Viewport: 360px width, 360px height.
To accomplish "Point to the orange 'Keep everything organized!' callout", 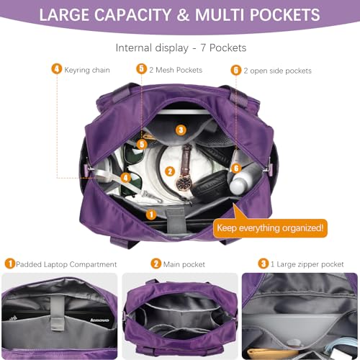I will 269,228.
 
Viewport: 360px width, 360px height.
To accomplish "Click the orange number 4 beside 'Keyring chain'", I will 56,69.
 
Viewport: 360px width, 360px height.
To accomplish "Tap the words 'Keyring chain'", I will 87,70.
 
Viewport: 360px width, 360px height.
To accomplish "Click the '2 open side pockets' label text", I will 277,71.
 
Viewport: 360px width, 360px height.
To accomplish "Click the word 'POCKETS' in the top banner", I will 284,15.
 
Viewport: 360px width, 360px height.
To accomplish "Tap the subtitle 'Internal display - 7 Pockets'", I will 180,48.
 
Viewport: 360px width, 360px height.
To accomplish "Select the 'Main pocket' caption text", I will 186,264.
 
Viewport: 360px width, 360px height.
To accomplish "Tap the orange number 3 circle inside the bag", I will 181,130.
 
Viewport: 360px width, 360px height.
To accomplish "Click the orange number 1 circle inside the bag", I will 151,214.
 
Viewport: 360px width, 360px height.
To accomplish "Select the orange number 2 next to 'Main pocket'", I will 156,264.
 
